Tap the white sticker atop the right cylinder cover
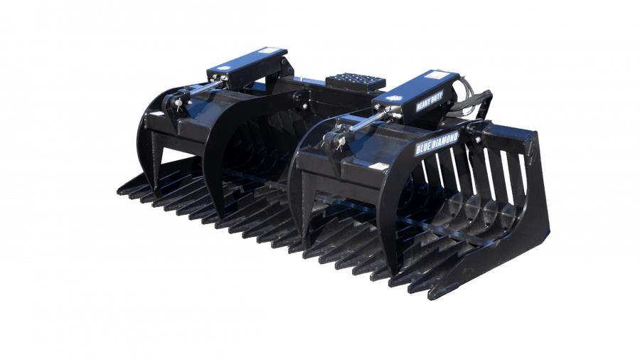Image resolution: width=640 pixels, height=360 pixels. point(437,75)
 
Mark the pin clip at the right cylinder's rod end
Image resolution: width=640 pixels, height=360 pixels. point(334,139)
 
